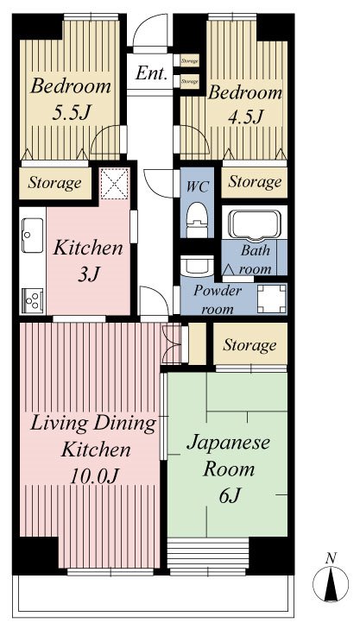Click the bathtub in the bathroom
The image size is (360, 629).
(254, 224)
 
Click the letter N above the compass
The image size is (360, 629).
(331, 558)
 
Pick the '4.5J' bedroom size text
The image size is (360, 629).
(244, 116)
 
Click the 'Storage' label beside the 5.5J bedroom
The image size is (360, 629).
(54, 183)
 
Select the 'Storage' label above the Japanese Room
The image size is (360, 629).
(249, 345)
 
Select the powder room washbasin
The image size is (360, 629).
(195, 265)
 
